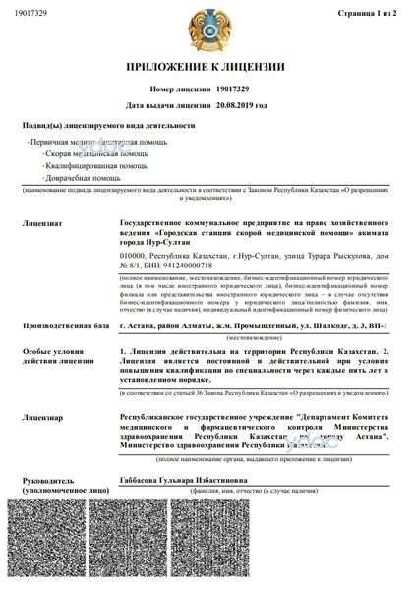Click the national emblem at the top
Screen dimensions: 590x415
[207, 29]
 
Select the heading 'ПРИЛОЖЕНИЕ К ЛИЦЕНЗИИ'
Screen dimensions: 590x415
[207, 66]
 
